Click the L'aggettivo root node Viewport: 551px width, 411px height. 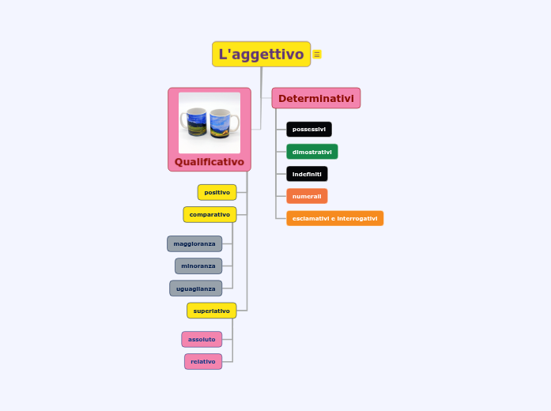tap(261, 55)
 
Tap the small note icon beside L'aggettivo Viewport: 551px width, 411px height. tap(317, 55)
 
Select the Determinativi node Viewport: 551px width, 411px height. tap(315, 98)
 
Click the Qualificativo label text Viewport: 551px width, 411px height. tap(209, 162)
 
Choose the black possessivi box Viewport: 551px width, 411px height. tap(308, 129)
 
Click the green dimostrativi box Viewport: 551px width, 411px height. tap(311, 152)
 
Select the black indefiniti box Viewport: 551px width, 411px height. tap(307, 174)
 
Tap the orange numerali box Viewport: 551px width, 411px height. tap(307, 196)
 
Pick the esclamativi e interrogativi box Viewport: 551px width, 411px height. tap(334, 218)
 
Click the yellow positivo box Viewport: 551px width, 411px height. tap(217, 192)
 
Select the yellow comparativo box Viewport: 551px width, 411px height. tap(209, 214)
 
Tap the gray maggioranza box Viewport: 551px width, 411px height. tap(194, 243)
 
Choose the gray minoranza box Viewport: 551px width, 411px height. tap(198, 266)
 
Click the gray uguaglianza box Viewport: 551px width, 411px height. tap(195, 288)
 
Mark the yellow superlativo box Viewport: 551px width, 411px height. tap(211, 311)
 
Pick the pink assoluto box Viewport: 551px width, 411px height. tap(202, 339)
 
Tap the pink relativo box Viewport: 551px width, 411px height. tap(203, 361)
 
